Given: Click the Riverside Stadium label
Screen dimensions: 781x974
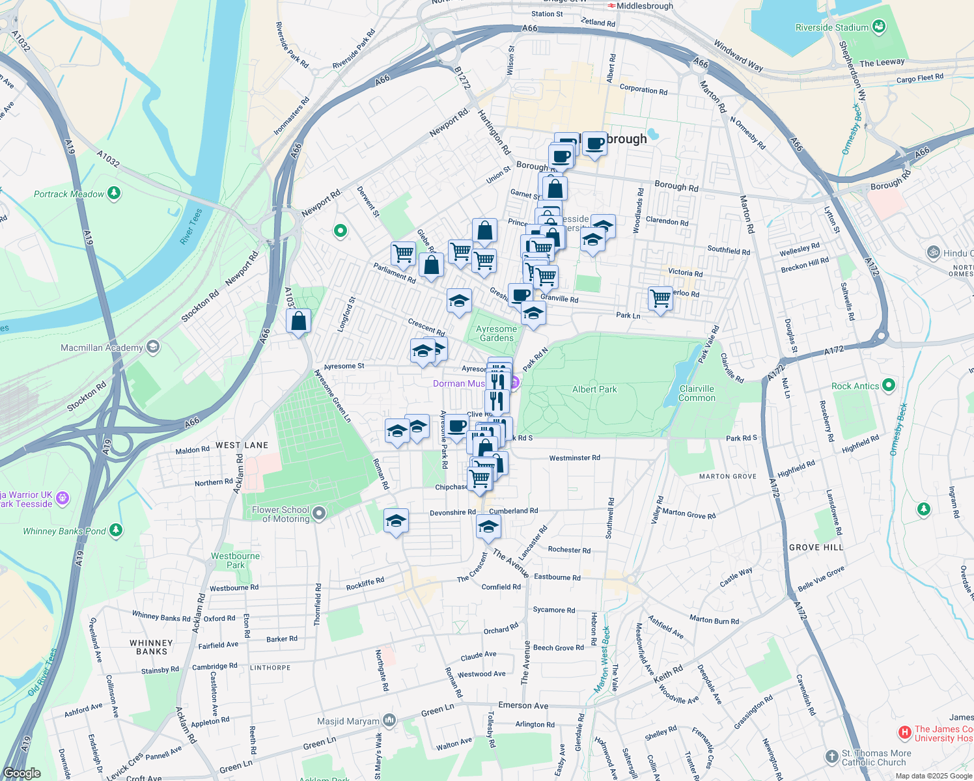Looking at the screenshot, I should (831, 27).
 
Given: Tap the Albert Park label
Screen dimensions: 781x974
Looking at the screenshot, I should (594, 389).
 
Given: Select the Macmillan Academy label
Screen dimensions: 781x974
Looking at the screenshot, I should (102, 348).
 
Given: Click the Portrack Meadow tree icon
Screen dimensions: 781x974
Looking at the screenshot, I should (114, 193).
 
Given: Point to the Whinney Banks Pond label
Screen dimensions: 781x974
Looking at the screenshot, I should (64, 531).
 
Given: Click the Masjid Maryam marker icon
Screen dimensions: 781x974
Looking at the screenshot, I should (389, 720).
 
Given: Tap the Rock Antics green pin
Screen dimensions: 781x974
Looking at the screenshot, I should (888, 385).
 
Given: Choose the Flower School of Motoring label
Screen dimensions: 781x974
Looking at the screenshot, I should (281, 514).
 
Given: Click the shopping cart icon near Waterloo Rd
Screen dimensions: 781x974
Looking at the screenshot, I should (660, 298).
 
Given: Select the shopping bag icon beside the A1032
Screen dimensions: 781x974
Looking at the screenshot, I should (298, 321).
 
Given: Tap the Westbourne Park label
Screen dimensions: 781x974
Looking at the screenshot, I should (235, 560).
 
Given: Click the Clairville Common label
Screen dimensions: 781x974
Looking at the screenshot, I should (697, 393).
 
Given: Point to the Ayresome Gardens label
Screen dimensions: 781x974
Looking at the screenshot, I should (497, 333).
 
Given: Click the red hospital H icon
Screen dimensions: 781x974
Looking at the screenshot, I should (904, 733).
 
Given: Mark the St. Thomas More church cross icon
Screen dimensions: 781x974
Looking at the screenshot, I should (831, 756).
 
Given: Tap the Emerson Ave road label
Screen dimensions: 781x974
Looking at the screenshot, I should (523, 706).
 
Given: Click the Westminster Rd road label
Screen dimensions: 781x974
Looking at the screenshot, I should (574, 458).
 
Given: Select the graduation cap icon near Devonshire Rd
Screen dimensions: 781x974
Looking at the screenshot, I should (396, 521).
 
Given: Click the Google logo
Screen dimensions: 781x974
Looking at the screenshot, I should (22, 773).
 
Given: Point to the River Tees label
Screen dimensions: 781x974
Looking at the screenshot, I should (191, 226).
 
